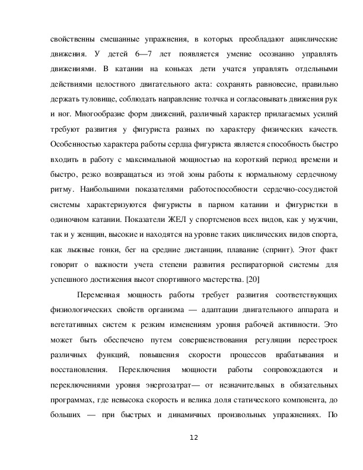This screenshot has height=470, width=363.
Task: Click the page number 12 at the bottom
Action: click(193, 437)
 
